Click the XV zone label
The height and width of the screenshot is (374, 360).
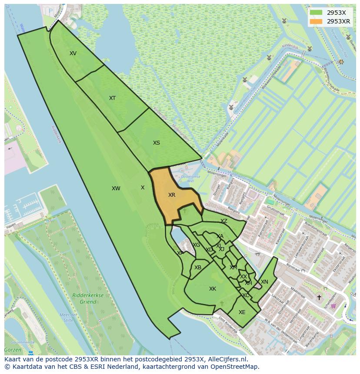point(73,53)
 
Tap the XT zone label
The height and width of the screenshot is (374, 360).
point(113,98)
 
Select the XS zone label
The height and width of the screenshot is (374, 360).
point(157,143)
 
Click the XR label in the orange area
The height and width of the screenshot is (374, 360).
point(172,195)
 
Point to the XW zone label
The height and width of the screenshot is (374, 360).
point(116,189)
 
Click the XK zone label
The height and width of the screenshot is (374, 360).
point(213,289)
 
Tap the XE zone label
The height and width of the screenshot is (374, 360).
point(242,312)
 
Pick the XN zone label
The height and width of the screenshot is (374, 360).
point(264,282)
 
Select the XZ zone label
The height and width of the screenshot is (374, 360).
point(224,221)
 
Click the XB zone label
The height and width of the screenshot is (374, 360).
point(198,268)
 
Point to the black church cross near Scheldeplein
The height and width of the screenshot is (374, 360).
point(319,298)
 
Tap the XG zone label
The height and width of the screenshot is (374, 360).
point(197,245)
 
